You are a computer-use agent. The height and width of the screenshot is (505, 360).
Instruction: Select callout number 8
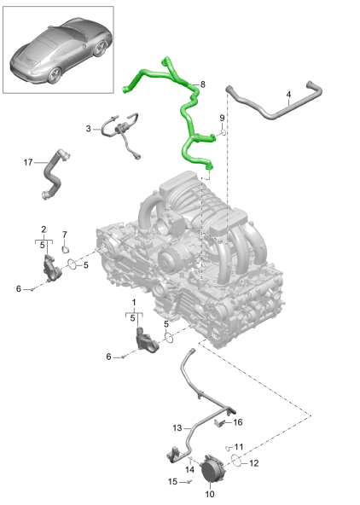click(202, 84)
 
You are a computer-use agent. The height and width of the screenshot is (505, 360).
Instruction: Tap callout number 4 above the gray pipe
click(288, 95)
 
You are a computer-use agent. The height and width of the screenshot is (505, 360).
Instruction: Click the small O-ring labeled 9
click(223, 132)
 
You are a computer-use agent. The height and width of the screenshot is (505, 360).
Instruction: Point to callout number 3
click(88, 129)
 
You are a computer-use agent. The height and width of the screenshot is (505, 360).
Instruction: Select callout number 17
click(28, 162)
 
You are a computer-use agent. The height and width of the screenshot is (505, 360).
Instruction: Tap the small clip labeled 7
click(66, 249)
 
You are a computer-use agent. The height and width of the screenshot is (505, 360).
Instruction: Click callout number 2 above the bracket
click(44, 229)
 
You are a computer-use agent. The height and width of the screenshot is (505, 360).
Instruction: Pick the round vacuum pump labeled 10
click(212, 468)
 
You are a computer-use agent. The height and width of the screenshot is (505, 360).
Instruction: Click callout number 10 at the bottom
click(209, 494)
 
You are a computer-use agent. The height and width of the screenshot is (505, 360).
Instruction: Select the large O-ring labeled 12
click(236, 461)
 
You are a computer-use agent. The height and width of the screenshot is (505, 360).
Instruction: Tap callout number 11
click(239, 447)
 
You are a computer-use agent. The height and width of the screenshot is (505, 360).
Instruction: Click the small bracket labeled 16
click(220, 422)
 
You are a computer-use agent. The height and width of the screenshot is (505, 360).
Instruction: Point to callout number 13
click(177, 427)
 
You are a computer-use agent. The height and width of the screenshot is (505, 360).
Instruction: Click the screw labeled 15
click(189, 482)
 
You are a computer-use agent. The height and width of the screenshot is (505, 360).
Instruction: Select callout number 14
click(189, 469)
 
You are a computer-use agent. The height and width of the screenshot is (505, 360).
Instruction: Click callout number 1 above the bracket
click(134, 303)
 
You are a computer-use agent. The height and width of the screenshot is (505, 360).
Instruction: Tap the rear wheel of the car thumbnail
click(55, 75)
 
